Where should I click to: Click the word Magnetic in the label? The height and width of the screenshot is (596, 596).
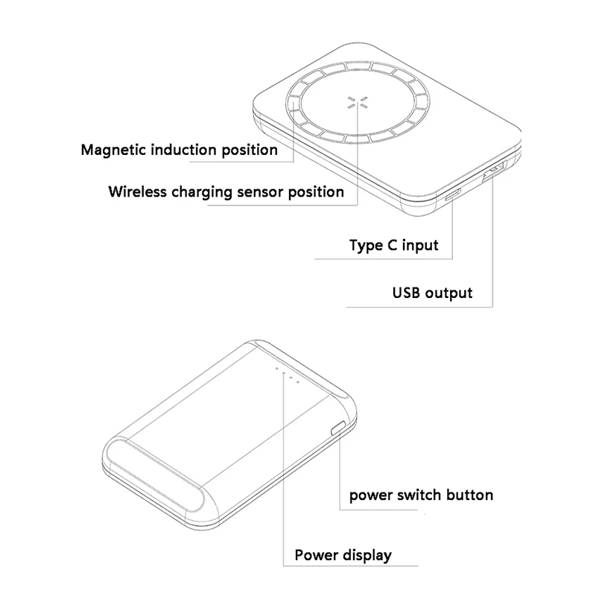pos(114,150)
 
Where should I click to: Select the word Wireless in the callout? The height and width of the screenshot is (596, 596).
pos(138,191)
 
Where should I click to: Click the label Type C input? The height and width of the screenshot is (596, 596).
pos(394,246)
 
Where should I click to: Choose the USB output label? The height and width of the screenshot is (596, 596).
pos(432,293)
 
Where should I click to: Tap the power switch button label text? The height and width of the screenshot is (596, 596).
pos(421,495)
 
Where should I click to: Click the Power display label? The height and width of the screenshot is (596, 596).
pos(343,555)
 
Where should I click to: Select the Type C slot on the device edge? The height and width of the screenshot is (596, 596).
pos(453,194)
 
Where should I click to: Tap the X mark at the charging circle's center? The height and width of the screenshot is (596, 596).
pos(358,102)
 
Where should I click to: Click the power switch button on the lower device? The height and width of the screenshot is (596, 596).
pos(337,428)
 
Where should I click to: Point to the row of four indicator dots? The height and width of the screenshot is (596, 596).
pos(288,375)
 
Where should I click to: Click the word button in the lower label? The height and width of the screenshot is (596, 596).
pos(470,495)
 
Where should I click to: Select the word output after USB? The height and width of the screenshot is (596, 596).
pos(448,294)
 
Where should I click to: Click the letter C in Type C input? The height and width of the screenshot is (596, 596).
pos(393,245)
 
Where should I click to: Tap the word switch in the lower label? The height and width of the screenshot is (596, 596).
pos(419,495)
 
